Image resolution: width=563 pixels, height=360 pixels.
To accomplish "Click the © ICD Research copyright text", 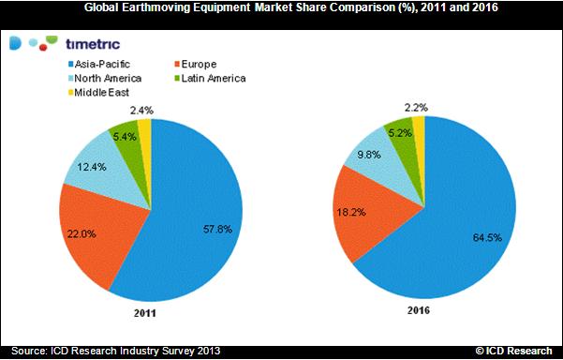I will click(514, 351).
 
